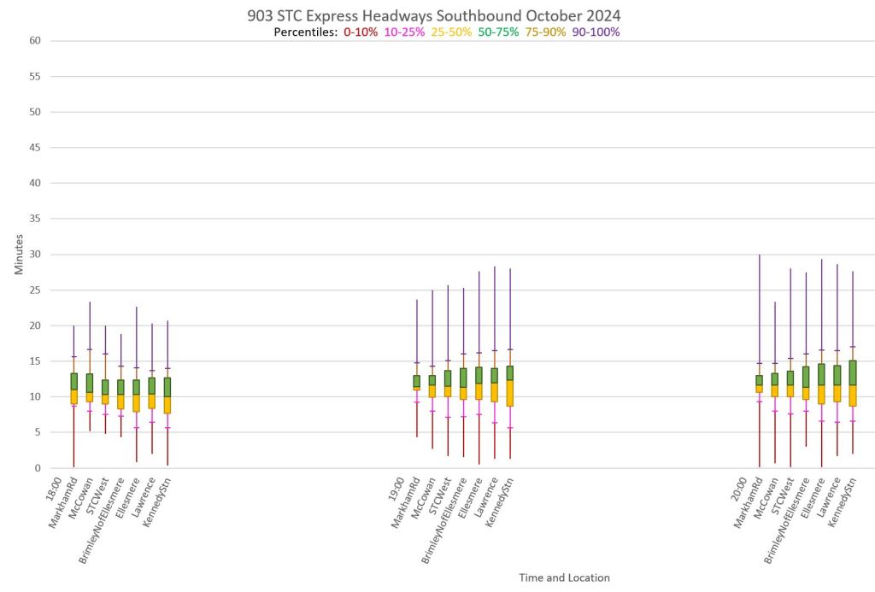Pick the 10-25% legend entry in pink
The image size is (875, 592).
coord(404,32)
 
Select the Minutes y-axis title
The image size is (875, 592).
coord(19,255)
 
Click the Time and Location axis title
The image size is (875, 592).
coord(564,577)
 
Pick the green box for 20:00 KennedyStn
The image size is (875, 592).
coord(853,372)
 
